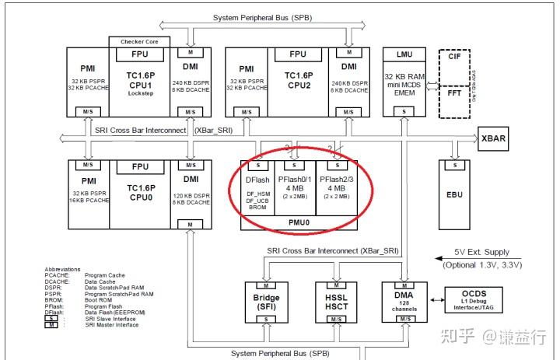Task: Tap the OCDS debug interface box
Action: click(473, 299)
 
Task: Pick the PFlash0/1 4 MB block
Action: click(293, 187)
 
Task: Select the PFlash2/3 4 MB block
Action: click(337, 187)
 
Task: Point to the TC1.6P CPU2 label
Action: click(297, 81)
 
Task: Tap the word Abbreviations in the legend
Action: click(63, 269)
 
